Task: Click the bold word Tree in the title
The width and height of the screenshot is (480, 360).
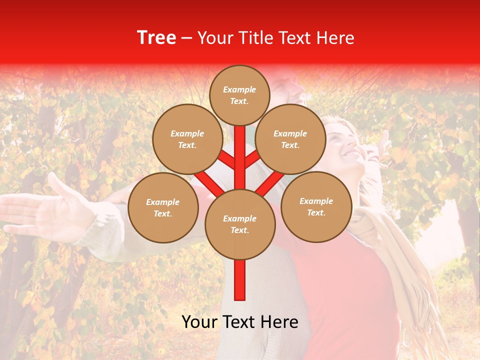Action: tap(156, 38)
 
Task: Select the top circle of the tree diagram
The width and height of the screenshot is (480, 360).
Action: tap(239, 95)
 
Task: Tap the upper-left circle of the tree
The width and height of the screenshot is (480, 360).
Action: tap(187, 139)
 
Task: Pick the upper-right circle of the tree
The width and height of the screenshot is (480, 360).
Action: tap(290, 139)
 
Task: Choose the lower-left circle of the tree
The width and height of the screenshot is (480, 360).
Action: tap(162, 208)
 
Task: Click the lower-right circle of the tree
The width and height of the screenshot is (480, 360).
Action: tap(316, 207)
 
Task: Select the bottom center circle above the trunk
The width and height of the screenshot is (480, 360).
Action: tap(239, 224)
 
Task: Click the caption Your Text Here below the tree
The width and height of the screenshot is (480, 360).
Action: tap(240, 322)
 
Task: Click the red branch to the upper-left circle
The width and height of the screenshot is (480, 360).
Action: tap(226, 160)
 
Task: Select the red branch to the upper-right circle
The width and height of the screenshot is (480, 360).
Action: tap(252, 160)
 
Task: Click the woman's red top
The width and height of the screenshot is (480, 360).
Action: tap(345, 290)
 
